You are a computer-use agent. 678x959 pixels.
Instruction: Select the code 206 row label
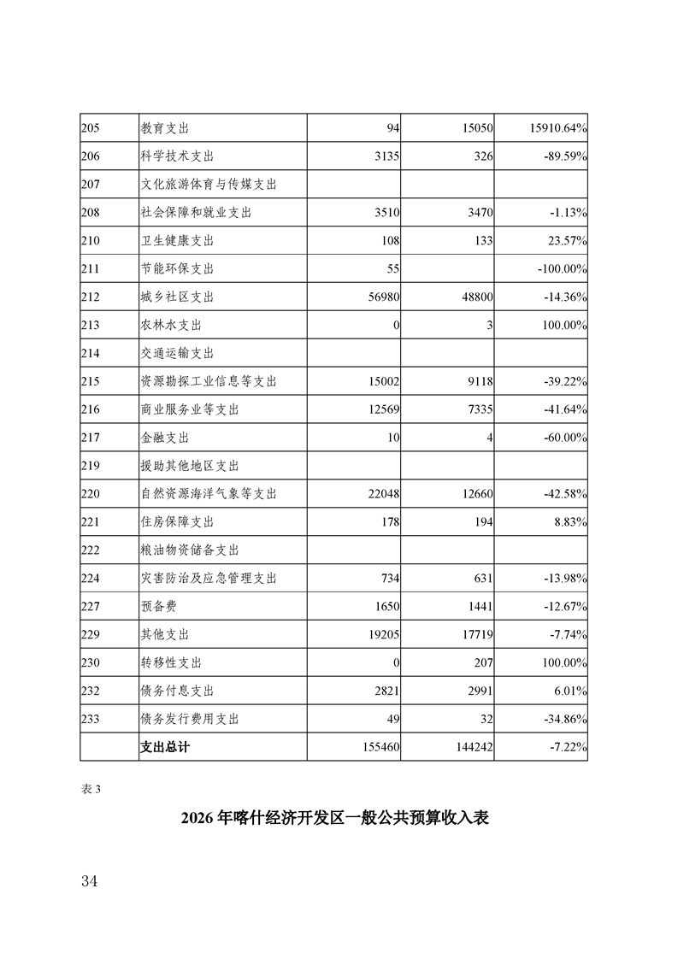click(x=91, y=156)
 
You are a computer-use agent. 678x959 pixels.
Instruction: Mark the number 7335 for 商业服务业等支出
click(x=478, y=410)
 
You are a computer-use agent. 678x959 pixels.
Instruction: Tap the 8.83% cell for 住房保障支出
click(x=567, y=522)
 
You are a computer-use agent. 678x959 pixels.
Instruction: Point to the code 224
click(x=91, y=579)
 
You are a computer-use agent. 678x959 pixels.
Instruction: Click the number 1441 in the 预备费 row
click(x=478, y=607)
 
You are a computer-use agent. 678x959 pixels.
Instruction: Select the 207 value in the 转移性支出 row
click(x=481, y=663)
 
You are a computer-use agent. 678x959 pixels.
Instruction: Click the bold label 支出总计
click(x=164, y=747)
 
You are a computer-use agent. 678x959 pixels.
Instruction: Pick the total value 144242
click(x=471, y=747)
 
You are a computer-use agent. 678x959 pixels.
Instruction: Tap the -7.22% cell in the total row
click(x=565, y=747)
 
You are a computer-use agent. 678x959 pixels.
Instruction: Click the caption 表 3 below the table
click(x=91, y=789)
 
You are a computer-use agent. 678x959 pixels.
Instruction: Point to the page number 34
click(x=89, y=881)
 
